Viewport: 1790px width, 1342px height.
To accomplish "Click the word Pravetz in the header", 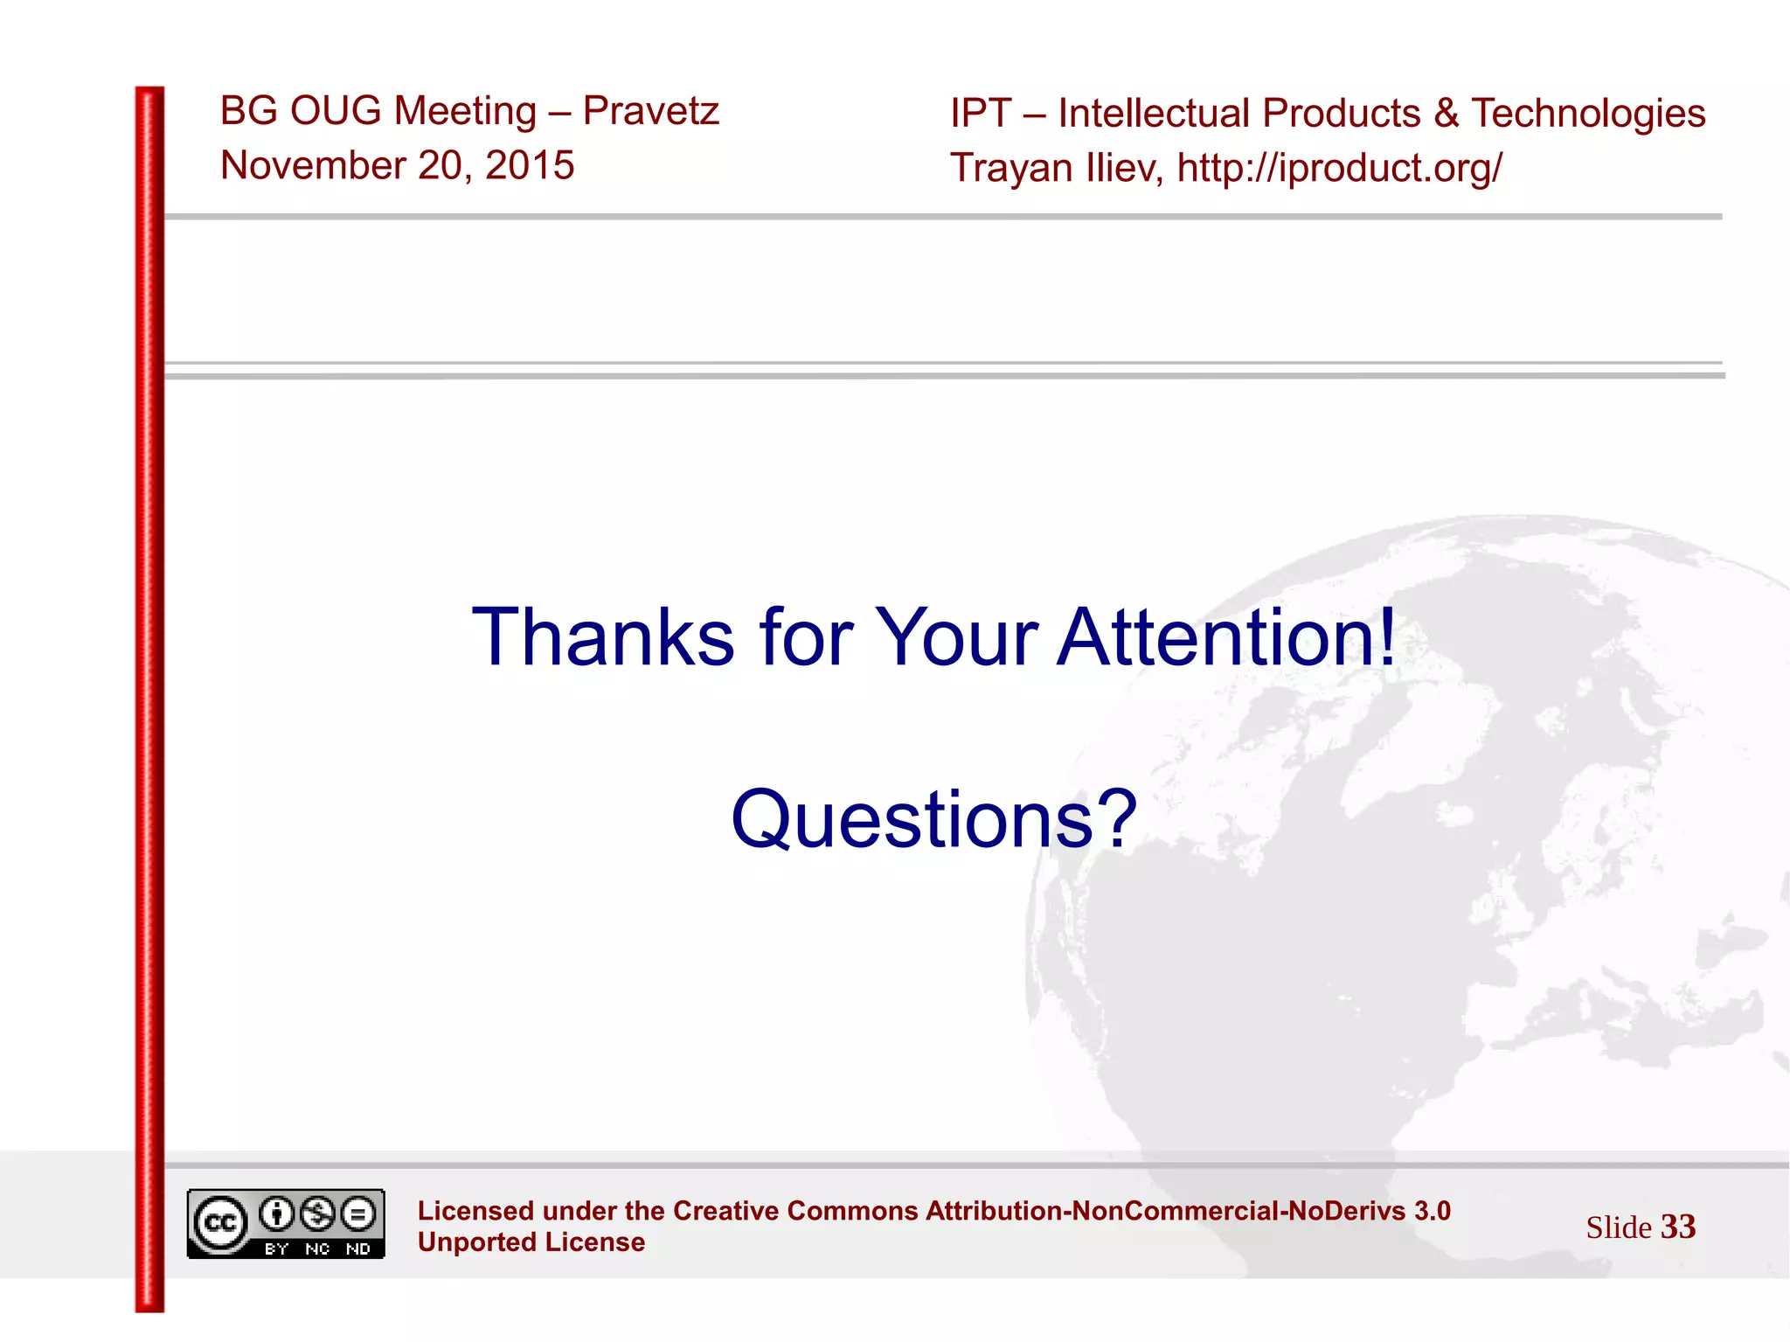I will tap(650, 111).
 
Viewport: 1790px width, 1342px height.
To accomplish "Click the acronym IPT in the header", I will tap(981, 114).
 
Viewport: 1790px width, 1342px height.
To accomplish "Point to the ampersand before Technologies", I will tap(1446, 114).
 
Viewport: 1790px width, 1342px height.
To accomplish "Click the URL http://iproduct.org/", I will tap(1339, 168).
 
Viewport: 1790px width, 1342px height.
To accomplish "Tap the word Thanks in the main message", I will tap(603, 637).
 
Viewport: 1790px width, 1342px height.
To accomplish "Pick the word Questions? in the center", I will tap(933, 819).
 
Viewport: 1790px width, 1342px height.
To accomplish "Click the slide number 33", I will tap(1677, 1227).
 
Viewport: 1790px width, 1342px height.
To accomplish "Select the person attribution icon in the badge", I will tap(277, 1213).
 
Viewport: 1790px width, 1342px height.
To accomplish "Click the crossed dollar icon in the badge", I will tap(317, 1213).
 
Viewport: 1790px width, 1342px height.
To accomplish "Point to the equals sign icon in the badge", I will tap(358, 1213).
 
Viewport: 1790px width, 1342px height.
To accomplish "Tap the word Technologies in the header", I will tap(1587, 114).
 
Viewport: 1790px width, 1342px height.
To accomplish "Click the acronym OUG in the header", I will tap(336, 111).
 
